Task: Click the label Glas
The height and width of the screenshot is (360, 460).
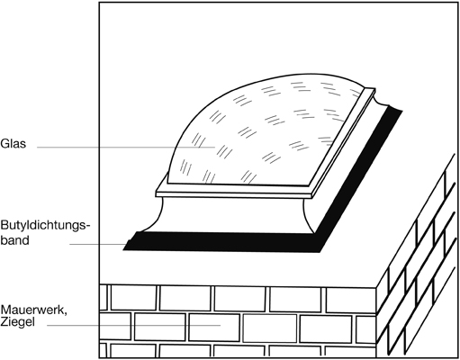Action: point(14,144)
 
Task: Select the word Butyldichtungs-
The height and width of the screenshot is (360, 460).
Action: point(45,226)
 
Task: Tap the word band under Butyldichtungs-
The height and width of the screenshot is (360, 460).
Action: point(14,240)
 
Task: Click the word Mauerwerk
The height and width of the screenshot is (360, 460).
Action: point(33,310)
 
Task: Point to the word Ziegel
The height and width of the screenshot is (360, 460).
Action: point(18,322)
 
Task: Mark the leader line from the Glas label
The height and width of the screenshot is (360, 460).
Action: point(126,147)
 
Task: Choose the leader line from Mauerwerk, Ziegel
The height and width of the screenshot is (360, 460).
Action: point(134,325)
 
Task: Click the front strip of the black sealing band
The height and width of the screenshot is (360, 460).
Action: point(223,242)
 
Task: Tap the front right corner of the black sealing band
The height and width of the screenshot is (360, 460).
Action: point(320,252)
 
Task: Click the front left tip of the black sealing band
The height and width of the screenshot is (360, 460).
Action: point(123,250)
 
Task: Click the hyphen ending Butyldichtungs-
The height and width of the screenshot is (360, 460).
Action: point(88,227)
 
